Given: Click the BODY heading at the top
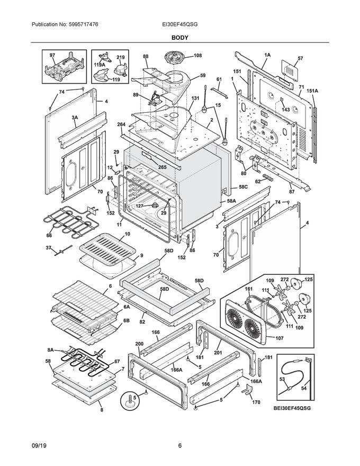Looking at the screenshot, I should pos(180,38).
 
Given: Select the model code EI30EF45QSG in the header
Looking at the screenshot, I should pos(180,24).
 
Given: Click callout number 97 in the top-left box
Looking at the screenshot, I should pos(52,55).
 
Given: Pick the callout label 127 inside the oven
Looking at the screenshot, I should pos(140,207).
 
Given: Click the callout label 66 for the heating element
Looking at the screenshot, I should pos(49,235).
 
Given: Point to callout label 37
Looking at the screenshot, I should pos(48,247).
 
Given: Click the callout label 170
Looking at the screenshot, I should pos(256,402).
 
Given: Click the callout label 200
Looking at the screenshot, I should pos(139,344).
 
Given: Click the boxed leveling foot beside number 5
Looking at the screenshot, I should pos(128,401).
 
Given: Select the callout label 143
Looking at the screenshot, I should pos(285,110).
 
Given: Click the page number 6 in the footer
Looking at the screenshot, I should pos(180,445).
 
